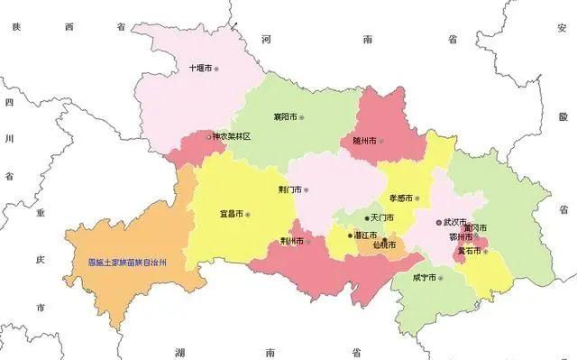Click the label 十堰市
click(199, 68)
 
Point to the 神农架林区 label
click(231, 137)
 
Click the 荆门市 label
click(289, 190)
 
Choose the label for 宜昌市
click(231, 215)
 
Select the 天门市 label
click(381, 217)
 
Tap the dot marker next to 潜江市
click(351, 235)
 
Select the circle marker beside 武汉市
click(439, 221)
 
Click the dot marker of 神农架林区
click(210, 137)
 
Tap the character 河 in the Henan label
click(266, 41)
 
